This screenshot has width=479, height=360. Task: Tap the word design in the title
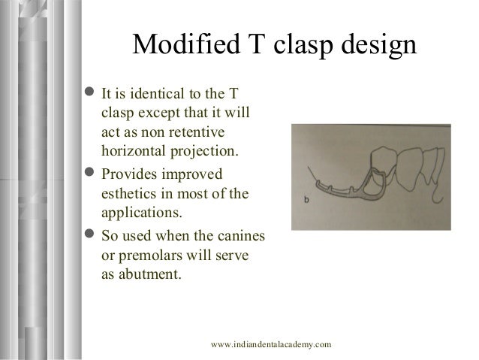click(375, 45)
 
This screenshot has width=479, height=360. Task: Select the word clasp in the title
click(303, 45)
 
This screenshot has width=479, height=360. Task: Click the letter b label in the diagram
click(307, 198)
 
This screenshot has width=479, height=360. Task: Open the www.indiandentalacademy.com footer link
click(271, 343)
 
